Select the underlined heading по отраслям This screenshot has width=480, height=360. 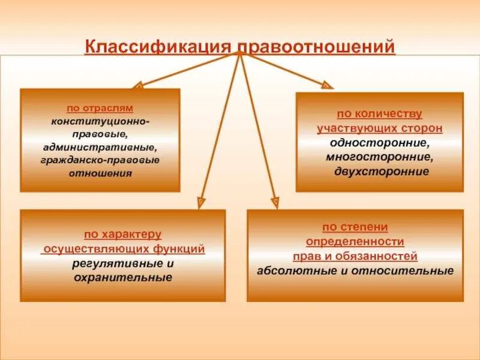tap(100, 109)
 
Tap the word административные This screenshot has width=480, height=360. tap(100, 147)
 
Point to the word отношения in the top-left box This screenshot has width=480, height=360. tap(100, 173)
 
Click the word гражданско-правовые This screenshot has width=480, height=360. tap(100, 160)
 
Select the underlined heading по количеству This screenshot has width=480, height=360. tap(379, 113)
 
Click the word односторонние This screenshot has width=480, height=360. tap(379, 143)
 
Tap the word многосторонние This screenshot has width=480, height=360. tap(379, 157)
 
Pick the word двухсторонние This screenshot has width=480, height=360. tap(379, 172)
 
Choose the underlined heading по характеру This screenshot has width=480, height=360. tap(122, 234)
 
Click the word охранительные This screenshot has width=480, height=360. tap(122, 277)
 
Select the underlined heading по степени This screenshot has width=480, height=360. tap(355, 227)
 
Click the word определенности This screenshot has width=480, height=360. tap(355, 242)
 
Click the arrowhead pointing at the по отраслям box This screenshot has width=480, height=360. tap(137, 86)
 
